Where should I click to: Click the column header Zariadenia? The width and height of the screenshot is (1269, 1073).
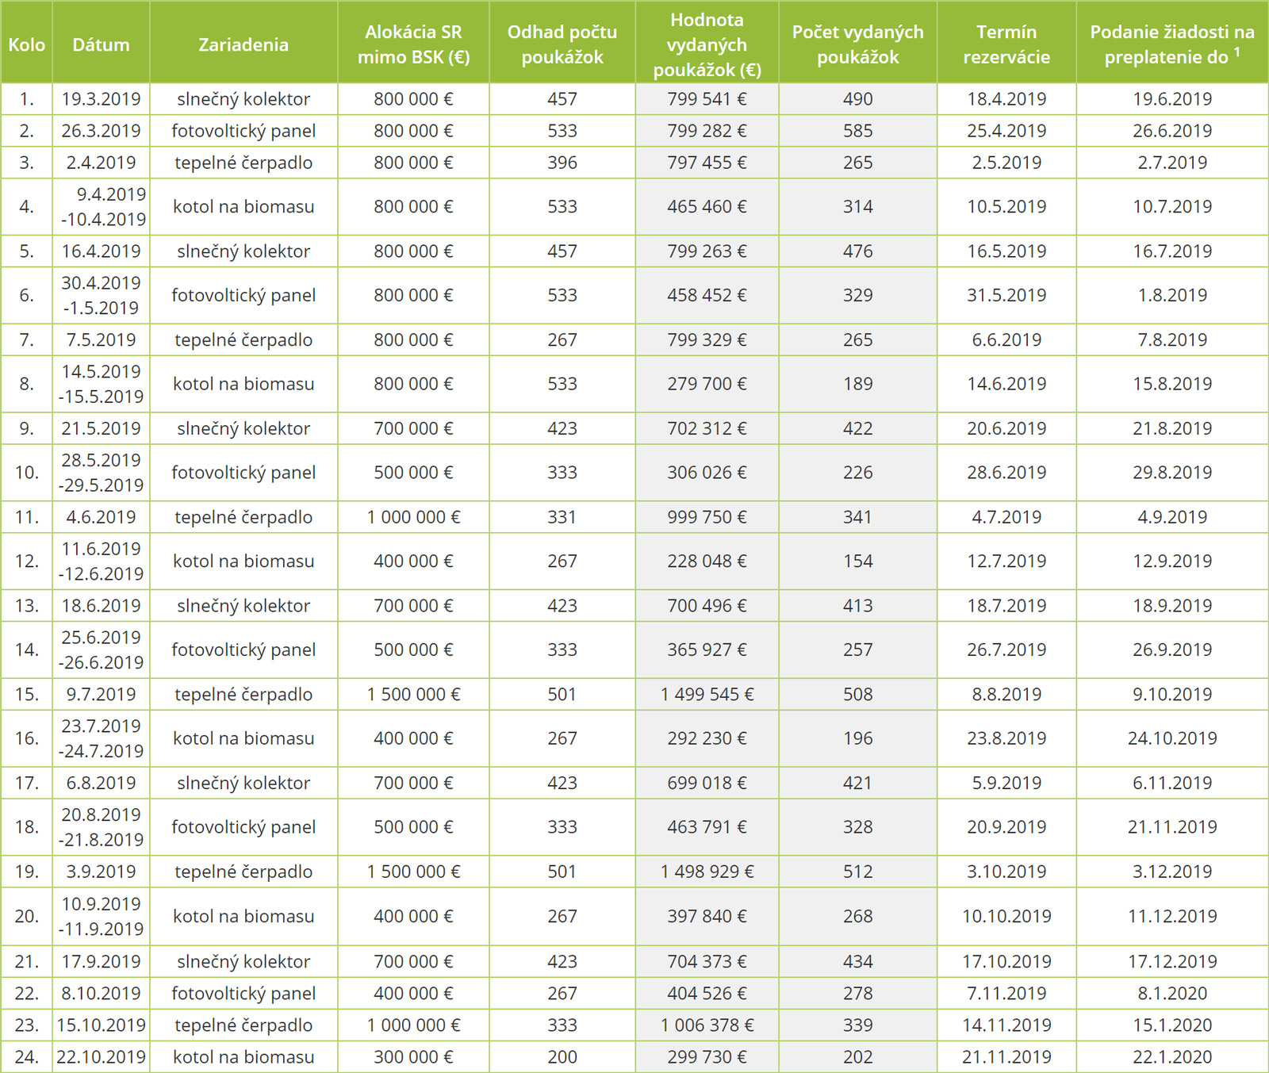243,44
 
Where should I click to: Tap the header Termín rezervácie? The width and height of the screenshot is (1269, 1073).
1006,44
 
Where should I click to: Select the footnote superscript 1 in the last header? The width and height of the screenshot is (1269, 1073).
1237,52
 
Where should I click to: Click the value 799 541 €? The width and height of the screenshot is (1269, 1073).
707,99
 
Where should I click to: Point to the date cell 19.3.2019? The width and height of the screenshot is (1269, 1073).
101,99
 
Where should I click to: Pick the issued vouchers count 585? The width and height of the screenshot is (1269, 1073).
857,131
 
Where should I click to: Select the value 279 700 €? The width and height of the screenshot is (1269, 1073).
707,384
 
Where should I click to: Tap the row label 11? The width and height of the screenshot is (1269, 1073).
26,517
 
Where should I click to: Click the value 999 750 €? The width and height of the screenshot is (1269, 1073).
707,517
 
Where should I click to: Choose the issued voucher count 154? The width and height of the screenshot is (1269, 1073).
857,561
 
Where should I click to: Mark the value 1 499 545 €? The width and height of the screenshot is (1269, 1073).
707,694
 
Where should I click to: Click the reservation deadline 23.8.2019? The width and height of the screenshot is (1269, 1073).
1006,738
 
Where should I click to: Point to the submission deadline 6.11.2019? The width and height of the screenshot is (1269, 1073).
1172,783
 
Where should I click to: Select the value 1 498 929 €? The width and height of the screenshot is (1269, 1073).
707,872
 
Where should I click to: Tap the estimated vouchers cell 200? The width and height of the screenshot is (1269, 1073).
562,1057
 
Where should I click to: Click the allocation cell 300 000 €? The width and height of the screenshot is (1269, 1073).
413,1057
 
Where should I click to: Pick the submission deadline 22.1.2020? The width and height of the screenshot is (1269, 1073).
1172,1057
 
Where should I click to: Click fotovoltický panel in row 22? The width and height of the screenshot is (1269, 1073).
243,994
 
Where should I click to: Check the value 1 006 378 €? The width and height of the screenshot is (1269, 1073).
707,1025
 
